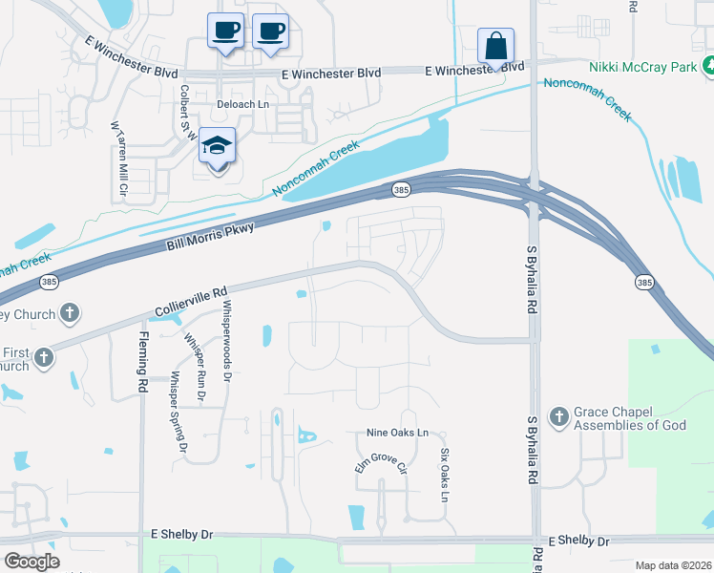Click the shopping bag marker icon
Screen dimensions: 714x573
click(x=496, y=45)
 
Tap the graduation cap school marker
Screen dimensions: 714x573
click(x=218, y=146)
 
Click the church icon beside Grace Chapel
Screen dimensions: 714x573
click(x=559, y=416)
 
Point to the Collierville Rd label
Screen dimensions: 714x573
click(x=192, y=300)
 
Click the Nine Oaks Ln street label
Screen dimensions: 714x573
click(x=397, y=433)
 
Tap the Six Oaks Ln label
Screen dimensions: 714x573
click(x=444, y=476)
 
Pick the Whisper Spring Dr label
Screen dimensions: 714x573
click(x=177, y=411)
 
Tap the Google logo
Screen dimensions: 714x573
click(x=31, y=562)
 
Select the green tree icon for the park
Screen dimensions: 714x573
click(x=708, y=67)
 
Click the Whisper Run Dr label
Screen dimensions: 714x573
click(x=195, y=371)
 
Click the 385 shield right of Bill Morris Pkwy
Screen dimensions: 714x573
click(x=402, y=192)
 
